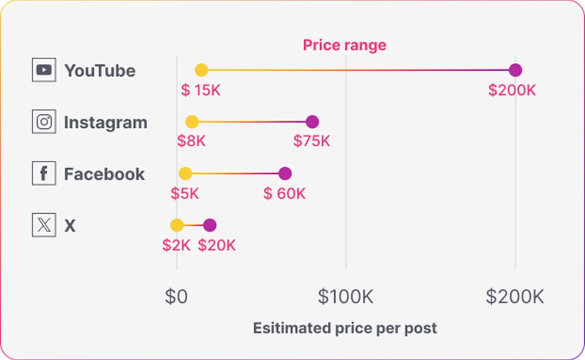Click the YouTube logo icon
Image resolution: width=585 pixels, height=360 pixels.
44,70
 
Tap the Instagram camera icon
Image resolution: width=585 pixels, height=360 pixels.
44,122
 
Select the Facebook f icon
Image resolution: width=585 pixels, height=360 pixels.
44,174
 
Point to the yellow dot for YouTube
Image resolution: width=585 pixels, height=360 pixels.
201,70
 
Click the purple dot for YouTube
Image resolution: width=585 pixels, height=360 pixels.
515,70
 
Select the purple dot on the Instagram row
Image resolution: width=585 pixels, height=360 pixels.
312,122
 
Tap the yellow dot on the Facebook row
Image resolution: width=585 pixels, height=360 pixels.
185,174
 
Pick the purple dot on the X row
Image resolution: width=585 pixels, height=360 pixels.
210,225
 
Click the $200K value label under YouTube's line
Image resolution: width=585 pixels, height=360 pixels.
512,90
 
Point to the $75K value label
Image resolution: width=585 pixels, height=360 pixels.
312,141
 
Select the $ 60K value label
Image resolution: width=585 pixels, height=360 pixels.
285,193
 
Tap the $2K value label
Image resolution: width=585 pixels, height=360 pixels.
176,245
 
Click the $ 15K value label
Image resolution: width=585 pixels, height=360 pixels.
201,90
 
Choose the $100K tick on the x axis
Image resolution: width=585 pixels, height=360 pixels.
346,297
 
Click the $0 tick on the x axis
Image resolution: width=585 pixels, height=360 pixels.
176,297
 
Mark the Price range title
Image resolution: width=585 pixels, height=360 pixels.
344,45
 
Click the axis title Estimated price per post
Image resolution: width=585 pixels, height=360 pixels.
344,328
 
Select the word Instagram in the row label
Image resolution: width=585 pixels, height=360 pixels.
105,122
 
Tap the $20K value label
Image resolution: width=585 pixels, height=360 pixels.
217,245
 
